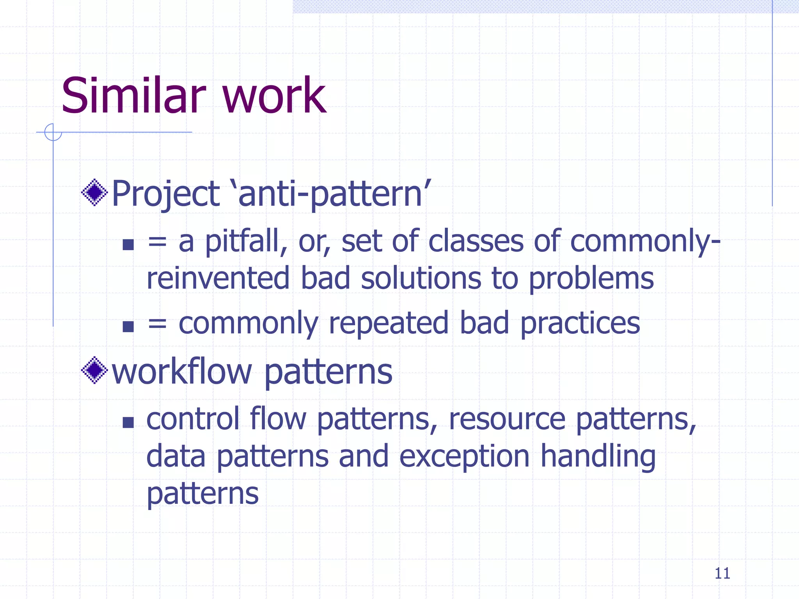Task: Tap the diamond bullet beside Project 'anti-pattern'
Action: [94, 192]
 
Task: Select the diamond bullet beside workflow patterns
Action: [94, 370]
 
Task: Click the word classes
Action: [476, 242]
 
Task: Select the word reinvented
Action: [218, 278]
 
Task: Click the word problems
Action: [591, 279]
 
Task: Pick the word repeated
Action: [388, 324]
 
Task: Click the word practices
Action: [580, 324]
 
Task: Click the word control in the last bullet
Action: [193, 419]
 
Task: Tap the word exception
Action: [464, 457]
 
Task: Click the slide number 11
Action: [722, 573]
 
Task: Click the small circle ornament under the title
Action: [53, 132]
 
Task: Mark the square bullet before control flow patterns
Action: [128, 422]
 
